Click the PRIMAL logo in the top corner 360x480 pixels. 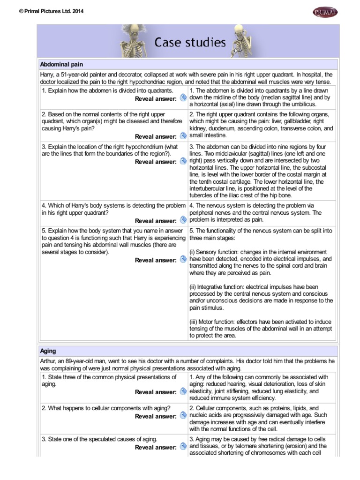324,11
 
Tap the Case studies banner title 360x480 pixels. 190,43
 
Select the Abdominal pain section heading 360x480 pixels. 62,64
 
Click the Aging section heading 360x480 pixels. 48,351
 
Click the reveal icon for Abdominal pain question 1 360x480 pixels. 183,98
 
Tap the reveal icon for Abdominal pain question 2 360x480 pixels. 183,136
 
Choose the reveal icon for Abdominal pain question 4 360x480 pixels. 183,220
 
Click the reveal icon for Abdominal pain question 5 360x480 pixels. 183,259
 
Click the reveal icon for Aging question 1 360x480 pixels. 183,391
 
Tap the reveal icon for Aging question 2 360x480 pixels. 183,416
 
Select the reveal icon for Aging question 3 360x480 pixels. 183,447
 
